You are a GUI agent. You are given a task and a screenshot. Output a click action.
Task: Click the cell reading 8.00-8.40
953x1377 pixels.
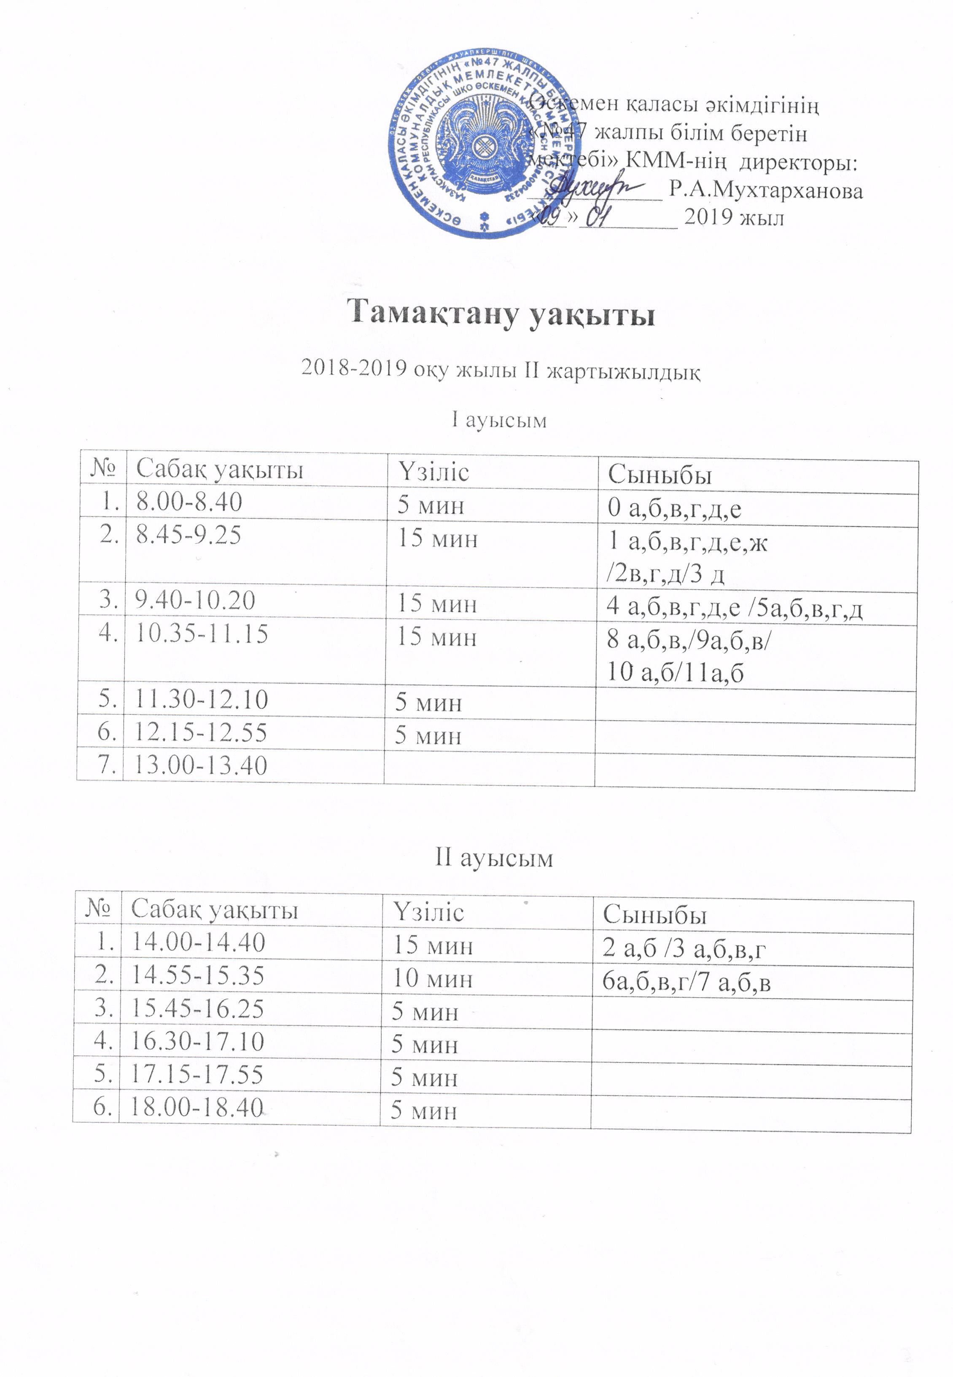(189, 502)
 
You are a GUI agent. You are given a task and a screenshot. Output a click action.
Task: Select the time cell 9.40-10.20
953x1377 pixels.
(195, 600)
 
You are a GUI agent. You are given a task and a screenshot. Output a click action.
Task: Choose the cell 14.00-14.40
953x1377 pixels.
(198, 942)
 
